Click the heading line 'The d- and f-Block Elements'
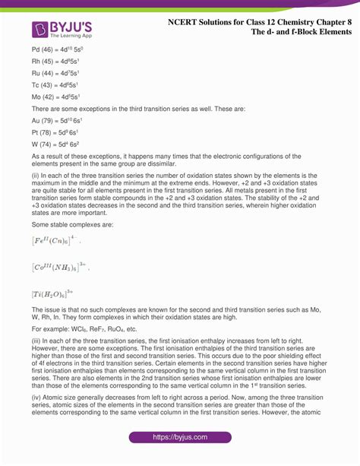tap(292, 35)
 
